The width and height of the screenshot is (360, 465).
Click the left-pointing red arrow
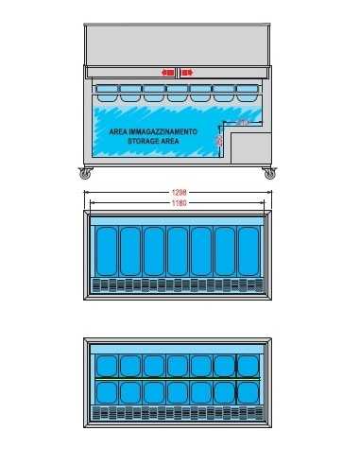click(167, 72)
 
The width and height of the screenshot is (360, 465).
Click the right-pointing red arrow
click(187, 72)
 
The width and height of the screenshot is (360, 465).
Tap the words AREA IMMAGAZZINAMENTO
click(153, 132)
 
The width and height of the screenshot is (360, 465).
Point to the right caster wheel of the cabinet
click(269, 174)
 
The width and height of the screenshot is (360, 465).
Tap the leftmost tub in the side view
click(106, 93)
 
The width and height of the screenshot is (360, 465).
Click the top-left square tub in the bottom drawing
click(106, 365)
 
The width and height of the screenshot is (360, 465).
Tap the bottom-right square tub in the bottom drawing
click(248, 392)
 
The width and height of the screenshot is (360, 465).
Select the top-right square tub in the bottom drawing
click(248, 365)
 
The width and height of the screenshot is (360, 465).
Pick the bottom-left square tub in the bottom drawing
click(106, 392)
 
